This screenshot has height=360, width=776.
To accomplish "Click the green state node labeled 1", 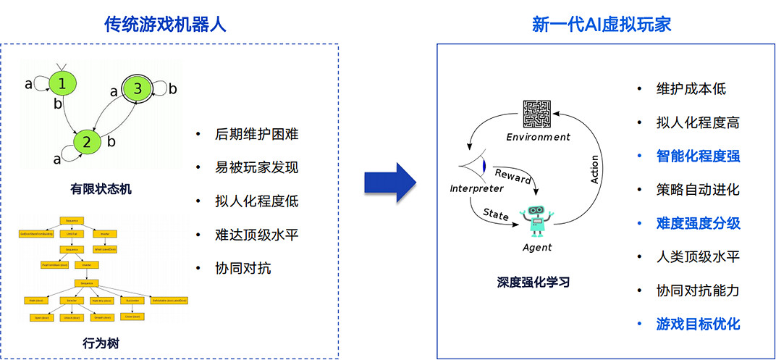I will (x=62, y=84).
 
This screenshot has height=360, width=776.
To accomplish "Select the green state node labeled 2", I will (x=86, y=142).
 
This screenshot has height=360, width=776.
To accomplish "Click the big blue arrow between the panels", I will (x=389, y=183).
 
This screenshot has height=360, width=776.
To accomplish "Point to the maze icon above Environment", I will (x=537, y=115).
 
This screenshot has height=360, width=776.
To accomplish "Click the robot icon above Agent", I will (x=536, y=220).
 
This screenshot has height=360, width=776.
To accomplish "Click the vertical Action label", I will (x=595, y=169).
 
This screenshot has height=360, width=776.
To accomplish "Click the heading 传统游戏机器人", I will (x=166, y=24).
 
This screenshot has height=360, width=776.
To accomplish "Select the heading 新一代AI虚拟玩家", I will (x=602, y=24).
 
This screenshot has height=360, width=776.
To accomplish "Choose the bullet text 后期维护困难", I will (x=256, y=134).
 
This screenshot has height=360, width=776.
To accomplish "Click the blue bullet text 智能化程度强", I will (x=698, y=156).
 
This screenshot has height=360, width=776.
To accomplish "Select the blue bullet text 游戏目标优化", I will (x=698, y=324).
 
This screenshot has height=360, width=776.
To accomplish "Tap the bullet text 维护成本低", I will (x=691, y=89).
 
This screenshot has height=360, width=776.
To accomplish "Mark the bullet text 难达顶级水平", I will (x=256, y=235).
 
